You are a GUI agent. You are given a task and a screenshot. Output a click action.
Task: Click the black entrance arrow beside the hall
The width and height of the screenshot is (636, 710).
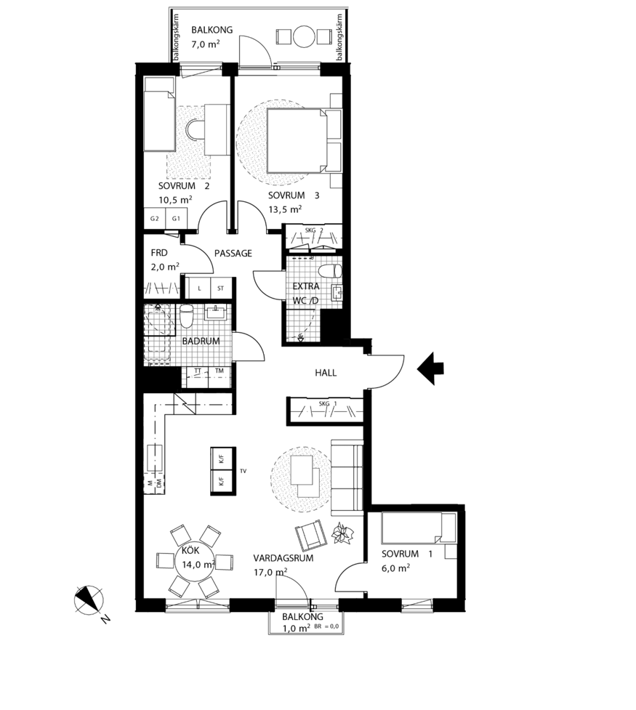(x=431, y=368)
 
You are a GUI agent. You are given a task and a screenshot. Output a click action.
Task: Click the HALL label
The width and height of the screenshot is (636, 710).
(x=325, y=373)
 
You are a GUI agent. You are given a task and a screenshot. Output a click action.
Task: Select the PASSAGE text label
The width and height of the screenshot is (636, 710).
(x=233, y=254)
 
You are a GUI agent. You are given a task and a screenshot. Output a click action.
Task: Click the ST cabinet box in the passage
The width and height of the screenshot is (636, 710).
(x=220, y=288)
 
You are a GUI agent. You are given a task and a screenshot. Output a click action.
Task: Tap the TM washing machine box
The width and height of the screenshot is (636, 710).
(x=219, y=371)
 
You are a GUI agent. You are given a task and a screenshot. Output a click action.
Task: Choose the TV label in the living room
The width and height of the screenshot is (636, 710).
(x=243, y=472)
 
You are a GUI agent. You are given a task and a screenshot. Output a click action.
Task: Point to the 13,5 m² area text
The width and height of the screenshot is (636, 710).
(x=284, y=209)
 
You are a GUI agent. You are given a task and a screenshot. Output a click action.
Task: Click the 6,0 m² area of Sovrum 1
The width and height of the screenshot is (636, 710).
(x=395, y=568)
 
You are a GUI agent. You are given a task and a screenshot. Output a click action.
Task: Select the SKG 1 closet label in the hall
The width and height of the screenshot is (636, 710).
(x=324, y=403)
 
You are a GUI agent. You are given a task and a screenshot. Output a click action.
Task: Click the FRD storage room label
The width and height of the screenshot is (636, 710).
(x=159, y=253)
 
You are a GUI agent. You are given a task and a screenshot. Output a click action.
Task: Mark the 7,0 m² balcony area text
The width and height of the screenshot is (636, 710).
(x=206, y=44)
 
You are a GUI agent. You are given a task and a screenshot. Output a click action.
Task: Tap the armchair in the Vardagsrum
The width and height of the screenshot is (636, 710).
(x=311, y=536)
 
